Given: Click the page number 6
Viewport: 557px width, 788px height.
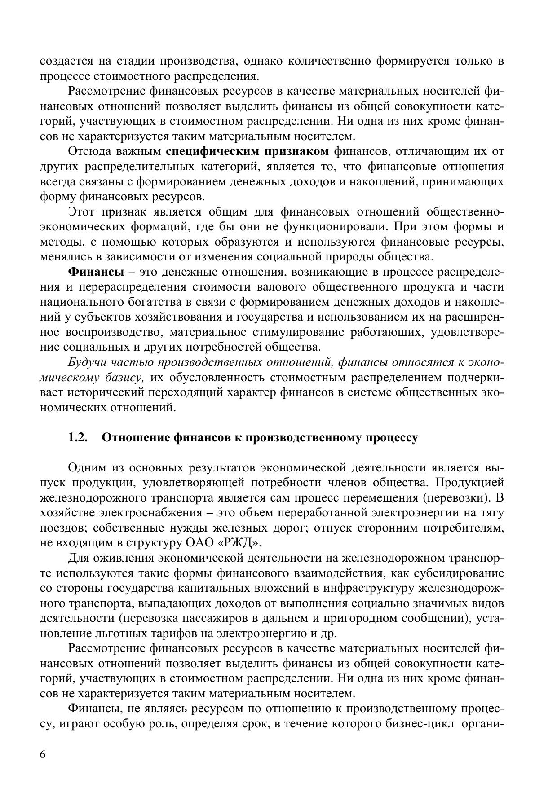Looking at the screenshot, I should [43, 754].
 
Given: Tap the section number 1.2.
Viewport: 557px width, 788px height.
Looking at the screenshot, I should [77, 437].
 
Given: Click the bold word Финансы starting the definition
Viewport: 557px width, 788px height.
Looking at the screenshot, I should [96, 272].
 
